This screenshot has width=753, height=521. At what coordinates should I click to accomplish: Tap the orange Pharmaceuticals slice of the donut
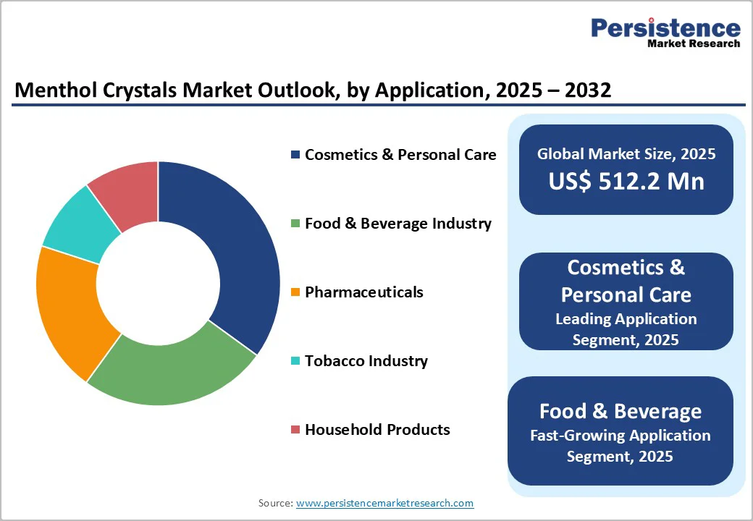coord(69,311)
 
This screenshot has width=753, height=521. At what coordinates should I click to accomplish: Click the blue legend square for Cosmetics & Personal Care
coord(295,155)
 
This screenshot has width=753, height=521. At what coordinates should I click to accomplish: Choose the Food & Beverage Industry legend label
coord(397,224)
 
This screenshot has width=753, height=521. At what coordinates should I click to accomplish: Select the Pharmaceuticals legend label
coord(363,292)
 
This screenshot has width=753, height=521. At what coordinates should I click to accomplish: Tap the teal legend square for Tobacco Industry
coord(295,361)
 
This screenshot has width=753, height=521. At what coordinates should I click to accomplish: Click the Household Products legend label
coord(377,430)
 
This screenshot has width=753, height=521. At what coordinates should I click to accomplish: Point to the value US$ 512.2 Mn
coord(626,181)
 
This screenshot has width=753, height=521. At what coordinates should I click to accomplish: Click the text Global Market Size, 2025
coord(626,153)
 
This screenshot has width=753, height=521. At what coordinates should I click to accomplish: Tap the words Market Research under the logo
coord(694,43)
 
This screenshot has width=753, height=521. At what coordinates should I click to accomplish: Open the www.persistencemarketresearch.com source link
coord(384,503)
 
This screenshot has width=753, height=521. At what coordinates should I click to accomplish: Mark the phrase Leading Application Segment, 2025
coord(626,329)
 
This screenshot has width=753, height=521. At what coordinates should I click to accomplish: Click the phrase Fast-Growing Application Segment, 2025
coord(620,446)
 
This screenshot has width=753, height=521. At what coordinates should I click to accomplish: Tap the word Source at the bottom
coord(275,503)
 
